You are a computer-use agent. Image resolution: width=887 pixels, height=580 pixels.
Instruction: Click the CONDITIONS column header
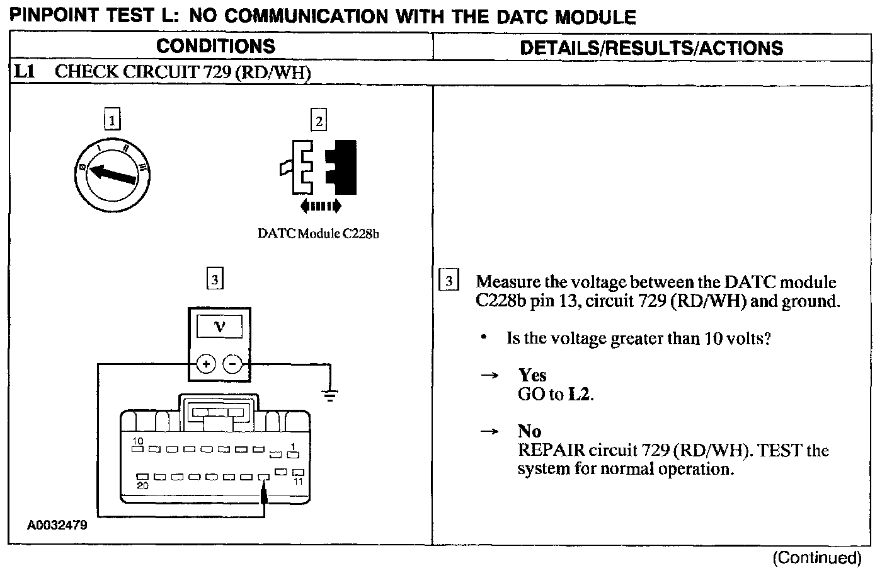(x=215, y=47)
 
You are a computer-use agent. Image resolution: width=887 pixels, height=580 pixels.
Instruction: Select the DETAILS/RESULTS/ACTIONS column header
(x=651, y=48)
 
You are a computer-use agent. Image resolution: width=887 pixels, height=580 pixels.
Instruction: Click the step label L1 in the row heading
(x=23, y=71)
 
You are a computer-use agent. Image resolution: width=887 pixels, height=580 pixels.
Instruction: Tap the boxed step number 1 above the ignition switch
(x=112, y=119)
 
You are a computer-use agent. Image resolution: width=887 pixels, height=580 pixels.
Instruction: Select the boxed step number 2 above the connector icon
(x=319, y=120)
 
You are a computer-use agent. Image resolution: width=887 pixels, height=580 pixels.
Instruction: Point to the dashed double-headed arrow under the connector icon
(x=321, y=206)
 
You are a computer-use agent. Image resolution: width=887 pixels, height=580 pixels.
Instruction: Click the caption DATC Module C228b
(x=318, y=233)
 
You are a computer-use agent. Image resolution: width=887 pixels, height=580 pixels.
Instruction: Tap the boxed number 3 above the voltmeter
(x=215, y=278)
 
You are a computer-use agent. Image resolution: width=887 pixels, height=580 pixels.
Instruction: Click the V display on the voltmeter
(x=219, y=327)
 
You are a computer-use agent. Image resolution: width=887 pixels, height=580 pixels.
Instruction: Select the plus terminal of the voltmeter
(x=207, y=364)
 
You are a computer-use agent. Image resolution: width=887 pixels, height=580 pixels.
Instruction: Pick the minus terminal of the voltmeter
(x=233, y=364)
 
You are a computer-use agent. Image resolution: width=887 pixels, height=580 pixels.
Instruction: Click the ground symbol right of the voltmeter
(x=329, y=395)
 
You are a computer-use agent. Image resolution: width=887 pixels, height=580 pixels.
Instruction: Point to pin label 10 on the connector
(x=138, y=441)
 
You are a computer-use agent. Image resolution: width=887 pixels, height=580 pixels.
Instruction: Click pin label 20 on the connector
(x=143, y=485)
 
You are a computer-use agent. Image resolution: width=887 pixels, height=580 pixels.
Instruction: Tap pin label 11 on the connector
(x=299, y=481)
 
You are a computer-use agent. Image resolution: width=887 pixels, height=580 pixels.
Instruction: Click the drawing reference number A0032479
(x=57, y=525)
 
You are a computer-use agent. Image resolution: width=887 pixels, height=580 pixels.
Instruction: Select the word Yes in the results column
(x=532, y=376)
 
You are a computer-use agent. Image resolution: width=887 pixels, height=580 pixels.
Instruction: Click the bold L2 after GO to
(x=580, y=395)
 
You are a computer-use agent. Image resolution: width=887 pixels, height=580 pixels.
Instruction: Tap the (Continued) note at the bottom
(x=816, y=558)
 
